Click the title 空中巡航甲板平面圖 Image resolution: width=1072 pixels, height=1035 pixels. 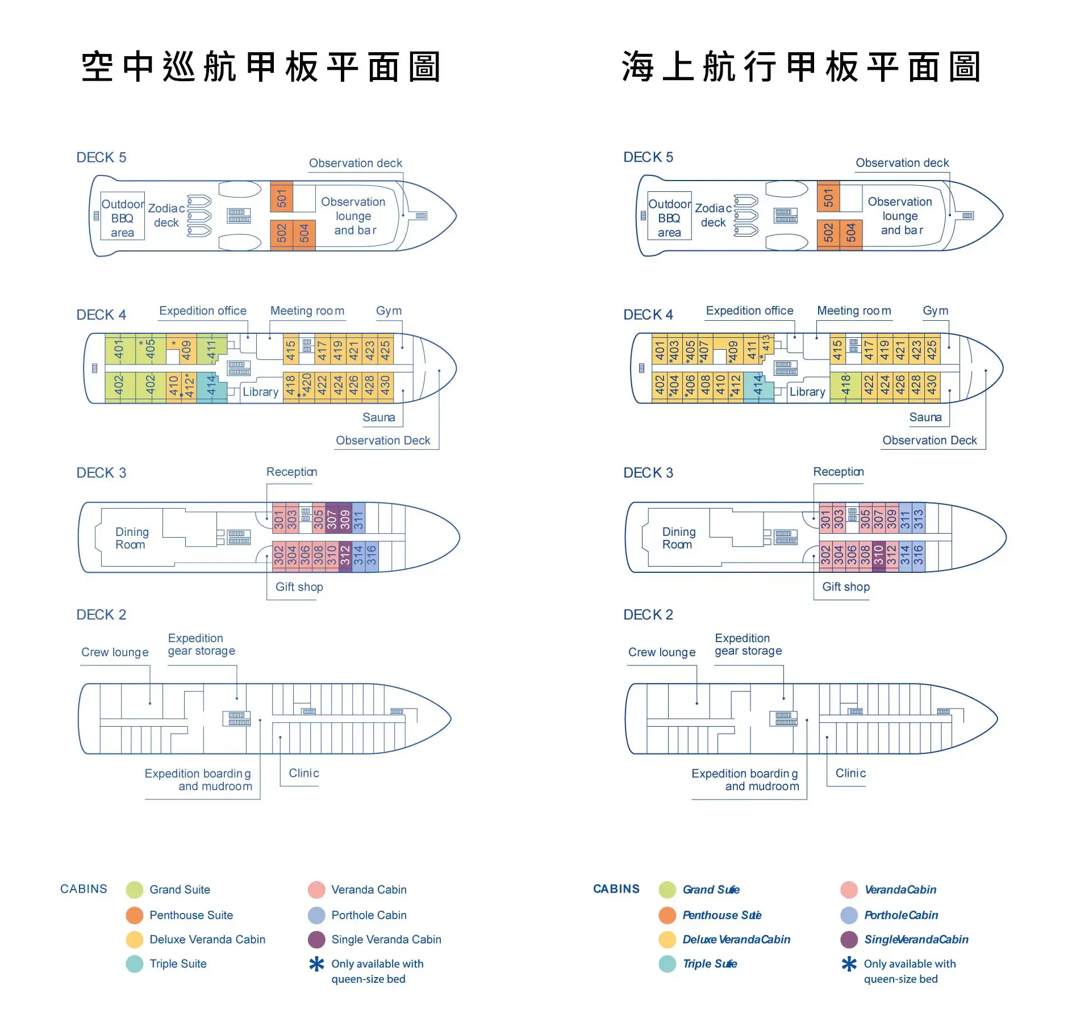[261, 67]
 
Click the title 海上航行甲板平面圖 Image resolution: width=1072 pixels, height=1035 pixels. [801, 67]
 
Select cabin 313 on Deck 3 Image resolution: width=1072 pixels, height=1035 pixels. [918, 518]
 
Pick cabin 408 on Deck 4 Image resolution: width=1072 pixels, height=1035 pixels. [706, 385]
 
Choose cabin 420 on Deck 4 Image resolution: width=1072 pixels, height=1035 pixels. [306, 385]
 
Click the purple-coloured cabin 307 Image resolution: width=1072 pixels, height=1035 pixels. [331, 518]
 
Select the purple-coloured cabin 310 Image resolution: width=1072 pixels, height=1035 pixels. [878, 555]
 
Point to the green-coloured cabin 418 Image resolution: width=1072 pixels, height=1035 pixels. [845, 385]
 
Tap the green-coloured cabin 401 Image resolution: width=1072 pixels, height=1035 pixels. [119, 349]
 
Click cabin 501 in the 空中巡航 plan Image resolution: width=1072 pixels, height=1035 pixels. [282, 198]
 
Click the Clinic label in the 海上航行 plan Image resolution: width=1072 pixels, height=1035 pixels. [850, 773]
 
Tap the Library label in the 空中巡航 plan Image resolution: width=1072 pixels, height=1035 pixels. [261, 392]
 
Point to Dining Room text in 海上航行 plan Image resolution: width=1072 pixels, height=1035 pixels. [678, 538]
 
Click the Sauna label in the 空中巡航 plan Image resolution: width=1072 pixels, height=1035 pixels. [378, 417]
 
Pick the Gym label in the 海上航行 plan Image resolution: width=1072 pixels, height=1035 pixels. [935, 311]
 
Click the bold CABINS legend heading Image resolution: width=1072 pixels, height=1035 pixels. [616, 889]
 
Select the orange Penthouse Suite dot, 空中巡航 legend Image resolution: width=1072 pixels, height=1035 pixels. [135, 915]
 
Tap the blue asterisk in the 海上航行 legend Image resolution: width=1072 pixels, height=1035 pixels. [849, 963]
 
